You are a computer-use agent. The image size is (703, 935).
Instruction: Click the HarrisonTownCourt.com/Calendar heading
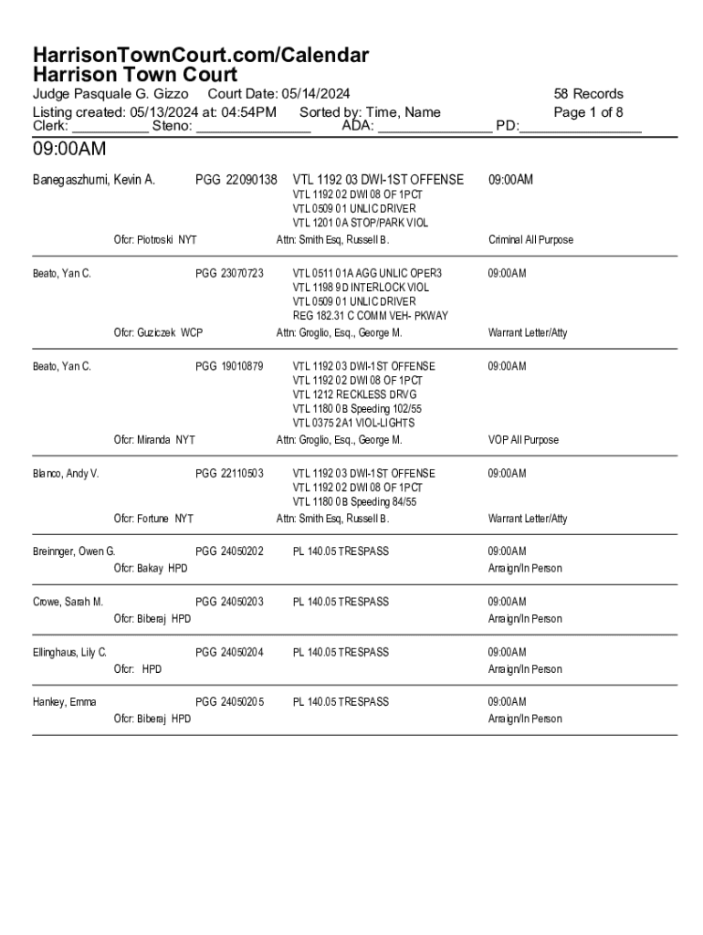201,56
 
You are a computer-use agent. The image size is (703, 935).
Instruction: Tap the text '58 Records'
588,94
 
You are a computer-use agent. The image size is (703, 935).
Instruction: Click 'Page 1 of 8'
588,112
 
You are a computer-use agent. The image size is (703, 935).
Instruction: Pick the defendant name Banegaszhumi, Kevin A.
93,180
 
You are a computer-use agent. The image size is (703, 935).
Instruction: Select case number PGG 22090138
236,180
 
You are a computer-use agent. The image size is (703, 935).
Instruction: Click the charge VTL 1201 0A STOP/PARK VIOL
360,223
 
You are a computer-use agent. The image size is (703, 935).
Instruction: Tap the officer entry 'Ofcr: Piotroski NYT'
154,240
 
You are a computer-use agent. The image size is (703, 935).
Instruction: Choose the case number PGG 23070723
229,273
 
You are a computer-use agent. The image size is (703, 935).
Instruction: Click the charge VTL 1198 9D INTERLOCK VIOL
360,288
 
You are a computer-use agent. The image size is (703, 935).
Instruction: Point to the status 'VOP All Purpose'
523,440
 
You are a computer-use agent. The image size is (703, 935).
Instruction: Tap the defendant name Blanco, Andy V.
66,473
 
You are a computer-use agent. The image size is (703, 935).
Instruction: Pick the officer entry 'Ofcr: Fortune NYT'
153,519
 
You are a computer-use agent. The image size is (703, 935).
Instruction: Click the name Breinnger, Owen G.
74,552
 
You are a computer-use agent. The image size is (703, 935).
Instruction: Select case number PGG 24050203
229,602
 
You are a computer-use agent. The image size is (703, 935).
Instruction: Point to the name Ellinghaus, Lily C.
69,652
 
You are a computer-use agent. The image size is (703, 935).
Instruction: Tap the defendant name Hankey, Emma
64,702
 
